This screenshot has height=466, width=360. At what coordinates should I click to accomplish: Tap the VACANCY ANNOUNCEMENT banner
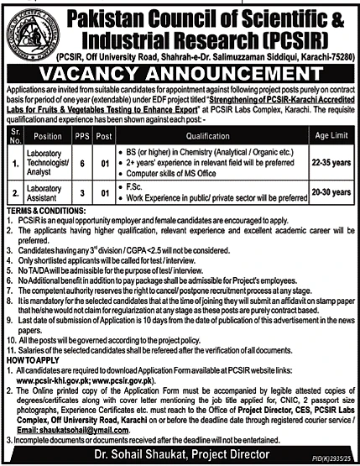(x=180, y=73)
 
